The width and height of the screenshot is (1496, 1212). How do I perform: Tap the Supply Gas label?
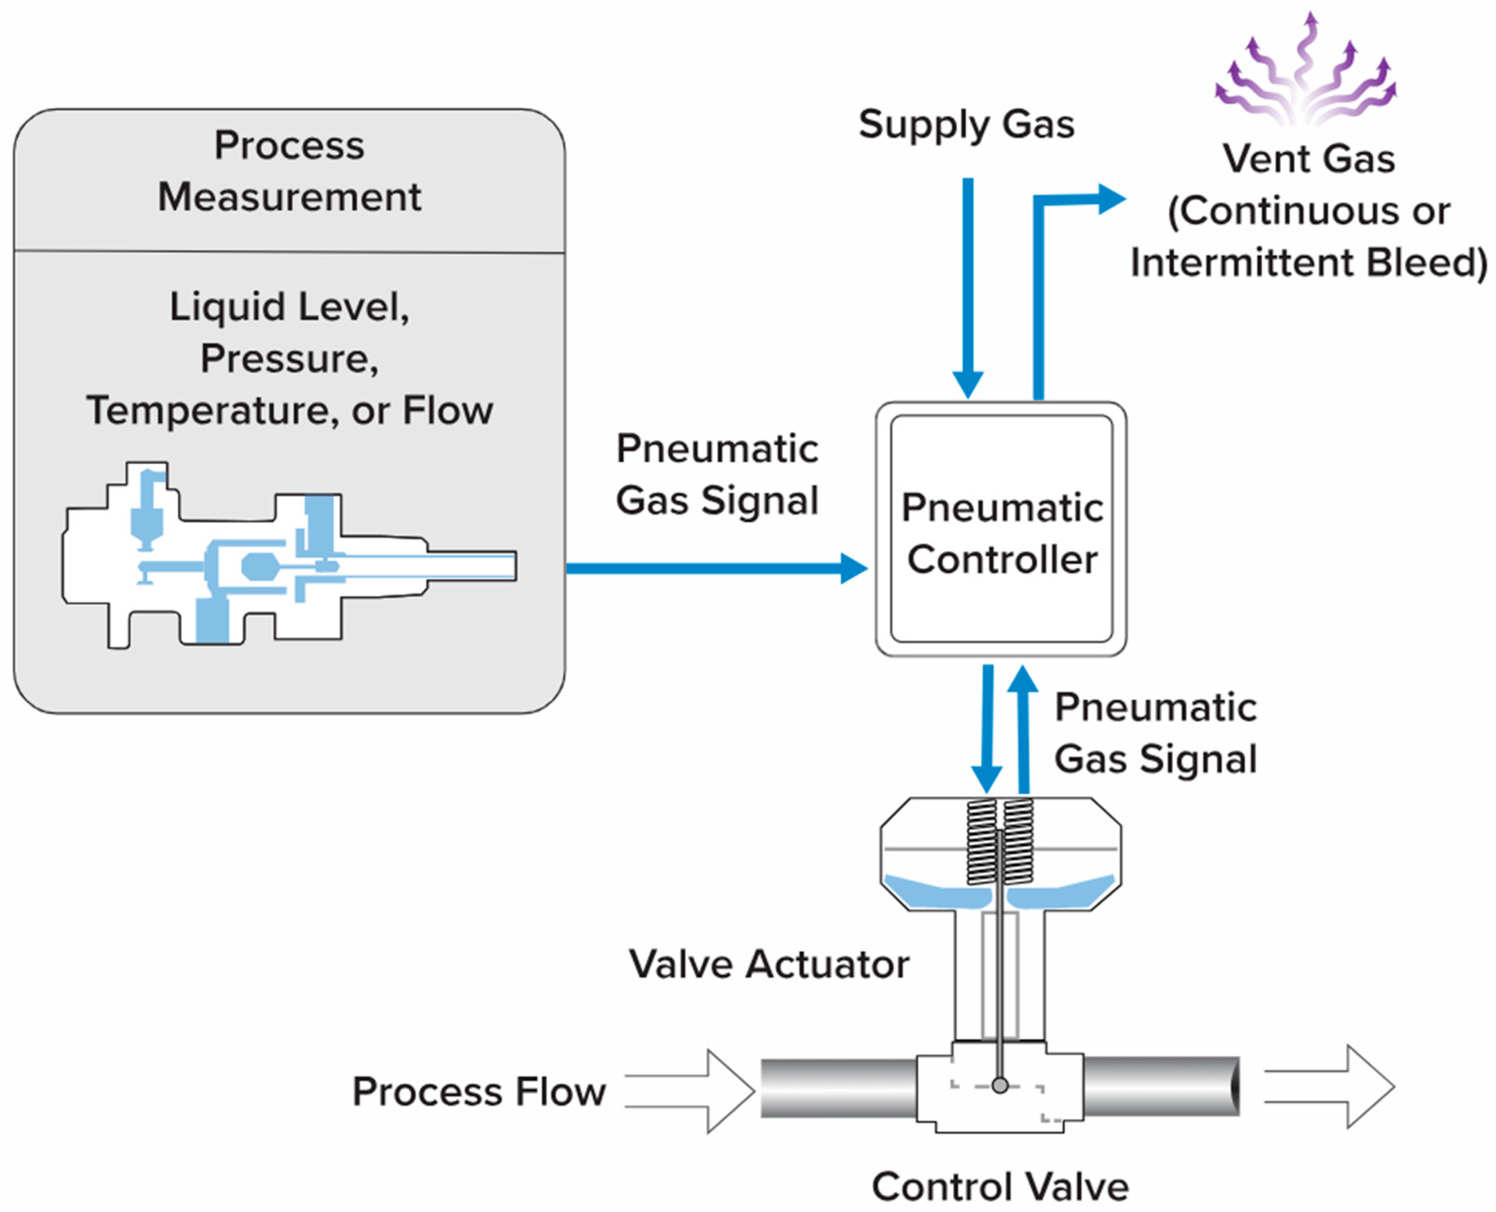[966, 125]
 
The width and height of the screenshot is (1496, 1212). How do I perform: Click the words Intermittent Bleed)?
[1308, 263]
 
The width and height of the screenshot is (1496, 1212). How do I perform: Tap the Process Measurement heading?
[289, 171]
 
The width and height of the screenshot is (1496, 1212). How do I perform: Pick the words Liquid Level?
[289, 307]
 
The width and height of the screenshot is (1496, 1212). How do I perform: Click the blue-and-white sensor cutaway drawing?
[289, 555]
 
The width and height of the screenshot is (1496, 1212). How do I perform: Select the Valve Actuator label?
[768, 964]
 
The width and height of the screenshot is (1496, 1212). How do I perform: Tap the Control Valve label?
[1000, 1186]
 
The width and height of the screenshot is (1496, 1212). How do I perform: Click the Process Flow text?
[479, 1091]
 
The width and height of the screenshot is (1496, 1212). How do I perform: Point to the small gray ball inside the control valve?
[1000, 1086]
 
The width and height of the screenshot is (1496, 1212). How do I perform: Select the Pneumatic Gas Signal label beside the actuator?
[1155, 733]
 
